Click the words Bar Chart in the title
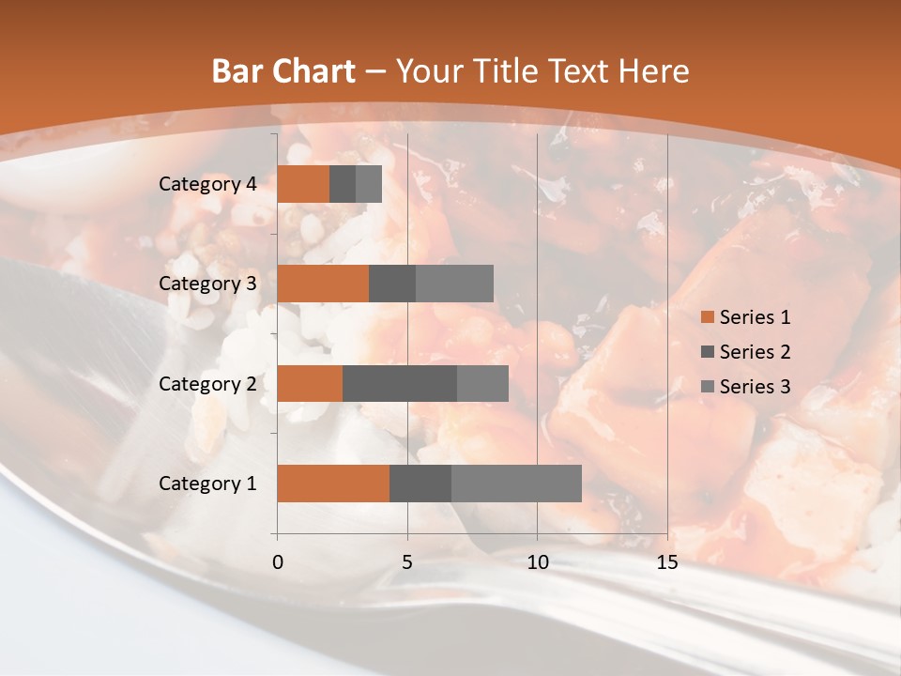click(x=283, y=71)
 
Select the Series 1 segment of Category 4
click(x=303, y=184)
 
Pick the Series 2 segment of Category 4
click(x=343, y=184)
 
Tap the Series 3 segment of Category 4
click(x=369, y=184)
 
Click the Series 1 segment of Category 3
click(x=323, y=284)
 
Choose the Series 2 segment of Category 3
click(x=392, y=284)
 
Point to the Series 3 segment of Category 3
click(x=454, y=284)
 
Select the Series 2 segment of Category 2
click(x=400, y=383)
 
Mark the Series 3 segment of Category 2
click(x=482, y=383)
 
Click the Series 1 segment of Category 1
click(x=333, y=483)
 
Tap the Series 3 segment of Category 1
click(x=516, y=483)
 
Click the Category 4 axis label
click(x=207, y=184)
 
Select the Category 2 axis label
click(x=207, y=383)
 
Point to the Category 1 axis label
click(x=207, y=483)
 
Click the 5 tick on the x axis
click(x=407, y=562)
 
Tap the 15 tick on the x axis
click(x=667, y=562)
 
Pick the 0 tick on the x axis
click(x=278, y=562)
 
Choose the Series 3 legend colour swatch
click(x=707, y=387)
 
